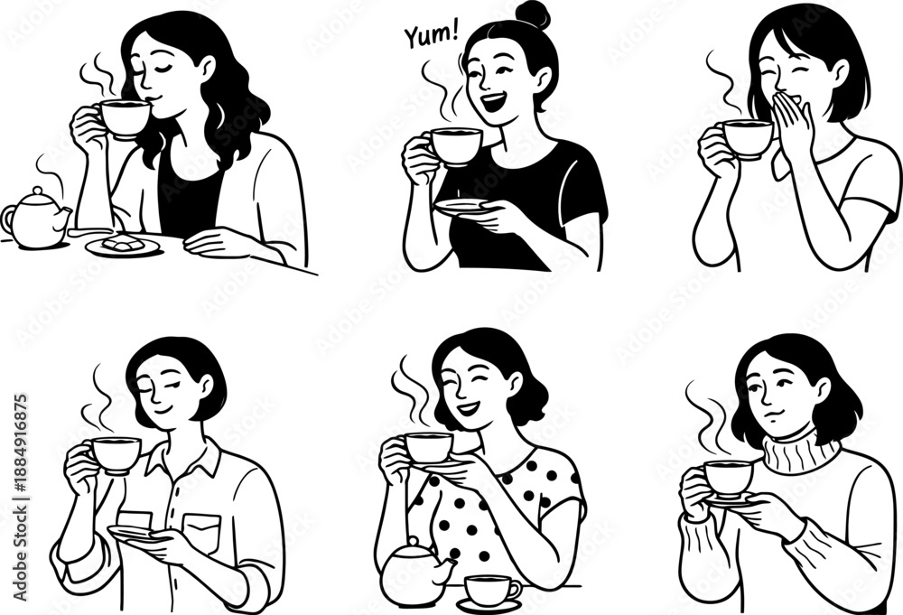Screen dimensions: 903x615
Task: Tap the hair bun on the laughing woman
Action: (534, 15)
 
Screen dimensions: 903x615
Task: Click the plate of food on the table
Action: (123, 245)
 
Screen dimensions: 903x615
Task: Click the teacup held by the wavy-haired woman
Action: (123, 119)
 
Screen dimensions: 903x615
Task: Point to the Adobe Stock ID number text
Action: (20, 498)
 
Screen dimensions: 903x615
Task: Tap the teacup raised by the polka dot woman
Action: (428, 447)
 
